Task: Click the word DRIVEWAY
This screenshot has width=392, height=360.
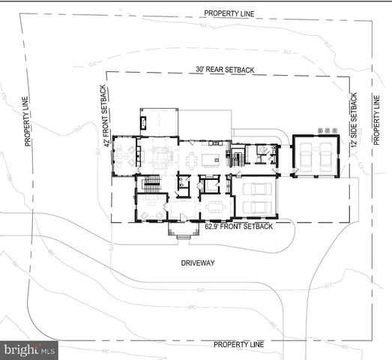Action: [199, 263]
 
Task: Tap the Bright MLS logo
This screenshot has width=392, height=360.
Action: [30, 349]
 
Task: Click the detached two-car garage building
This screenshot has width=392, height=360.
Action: [313, 157]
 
